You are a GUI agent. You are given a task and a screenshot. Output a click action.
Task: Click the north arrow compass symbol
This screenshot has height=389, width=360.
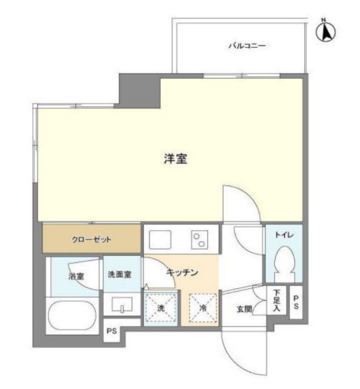click(326, 31)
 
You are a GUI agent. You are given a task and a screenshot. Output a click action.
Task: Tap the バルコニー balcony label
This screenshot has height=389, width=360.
click(247, 46)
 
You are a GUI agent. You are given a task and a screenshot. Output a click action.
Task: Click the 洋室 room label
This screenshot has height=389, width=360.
click(175, 159)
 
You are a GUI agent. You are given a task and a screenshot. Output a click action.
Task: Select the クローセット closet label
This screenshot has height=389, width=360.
click(91, 240)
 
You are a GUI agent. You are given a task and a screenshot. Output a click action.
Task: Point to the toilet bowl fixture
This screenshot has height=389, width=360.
click(285, 264)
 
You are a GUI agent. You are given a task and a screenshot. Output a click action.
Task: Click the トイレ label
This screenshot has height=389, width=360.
click(284, 235)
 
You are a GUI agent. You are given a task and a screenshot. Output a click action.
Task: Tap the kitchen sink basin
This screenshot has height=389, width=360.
click(160, 240)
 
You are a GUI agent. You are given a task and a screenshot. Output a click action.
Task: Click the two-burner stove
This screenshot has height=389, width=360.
click(199, 240)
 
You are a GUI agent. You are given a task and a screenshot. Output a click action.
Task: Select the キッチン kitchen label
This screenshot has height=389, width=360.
click(182, 272)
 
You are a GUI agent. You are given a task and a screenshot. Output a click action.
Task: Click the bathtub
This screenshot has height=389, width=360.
click(72, 315)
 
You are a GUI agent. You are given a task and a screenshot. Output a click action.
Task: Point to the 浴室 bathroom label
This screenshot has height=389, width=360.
click(76, 276)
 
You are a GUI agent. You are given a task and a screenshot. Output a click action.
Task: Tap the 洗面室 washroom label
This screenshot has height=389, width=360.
click(119, 275)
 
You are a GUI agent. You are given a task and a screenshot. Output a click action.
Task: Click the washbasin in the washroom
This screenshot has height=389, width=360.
click(122, 305)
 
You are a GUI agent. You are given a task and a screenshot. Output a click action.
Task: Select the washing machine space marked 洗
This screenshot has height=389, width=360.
click(161, 308)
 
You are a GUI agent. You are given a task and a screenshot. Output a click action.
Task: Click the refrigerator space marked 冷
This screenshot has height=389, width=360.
click(203, 308)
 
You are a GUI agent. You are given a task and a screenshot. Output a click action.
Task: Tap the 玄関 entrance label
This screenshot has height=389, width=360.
click(244, 309)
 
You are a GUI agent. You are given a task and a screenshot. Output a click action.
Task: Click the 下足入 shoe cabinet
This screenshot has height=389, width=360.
click(276, 300)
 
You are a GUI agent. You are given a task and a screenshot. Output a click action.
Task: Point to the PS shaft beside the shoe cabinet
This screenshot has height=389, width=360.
click(296, 302)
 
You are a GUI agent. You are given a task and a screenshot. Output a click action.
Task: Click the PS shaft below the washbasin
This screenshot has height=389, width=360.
click(111, 330)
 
